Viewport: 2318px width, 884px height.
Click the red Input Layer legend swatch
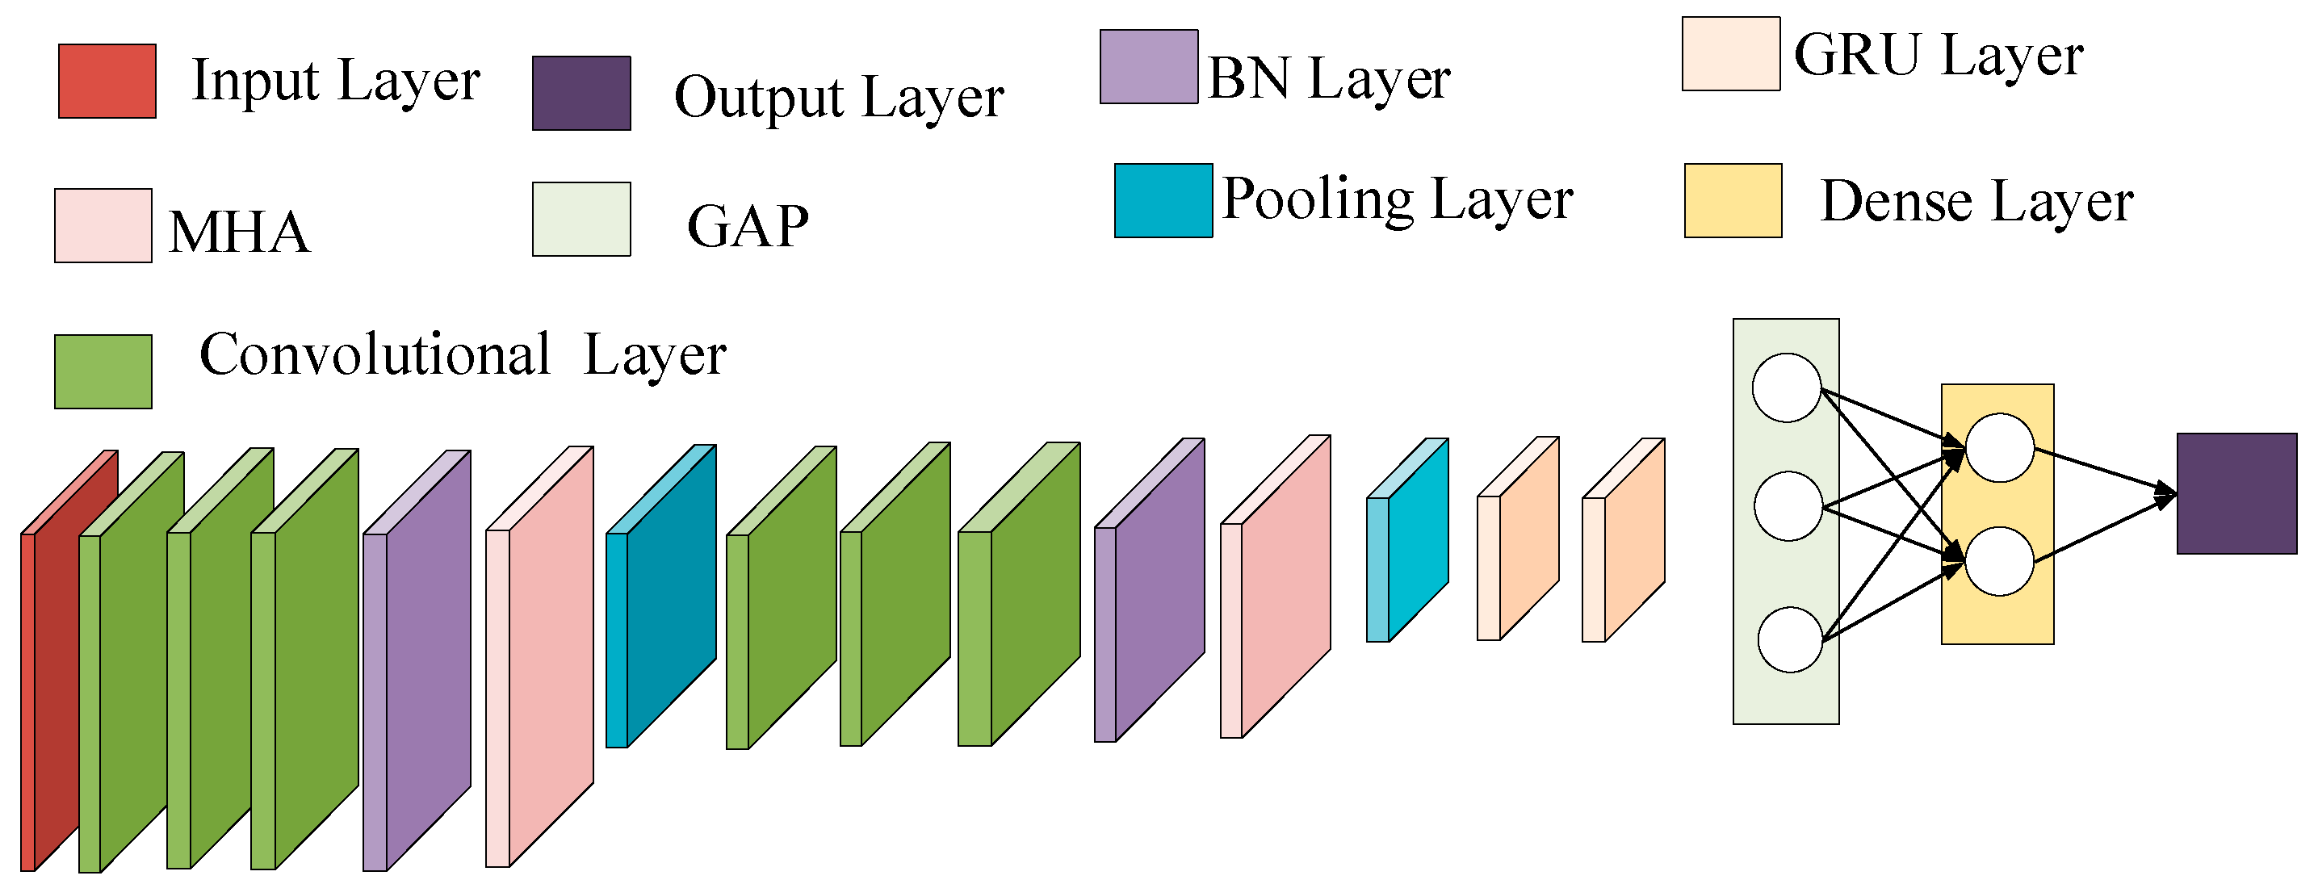pyautogui.click(x=107, y=81)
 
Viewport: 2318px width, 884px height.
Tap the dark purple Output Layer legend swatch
pyautogui.click(x=581, y=94)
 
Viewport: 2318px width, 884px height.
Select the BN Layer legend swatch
pyautogui.click(x=1149, y=67)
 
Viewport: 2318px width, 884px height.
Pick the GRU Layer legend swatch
pyautogui.click(x=1731, y=54)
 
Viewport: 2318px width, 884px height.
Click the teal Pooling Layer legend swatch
pyautogui.click(x=1163, y=201)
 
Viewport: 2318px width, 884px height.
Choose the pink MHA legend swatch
pyautogui.click(x=103, y=226)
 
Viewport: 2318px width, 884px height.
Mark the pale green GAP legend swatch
pyautogui.click(x=581, y=220)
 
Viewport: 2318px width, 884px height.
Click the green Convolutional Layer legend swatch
pyautogui.click(x=103, y=372)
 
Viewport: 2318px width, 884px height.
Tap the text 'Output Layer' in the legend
pyautogui.click(x=839, y=97)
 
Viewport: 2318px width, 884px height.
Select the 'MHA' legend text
pyautogui.click(x=239, y=233)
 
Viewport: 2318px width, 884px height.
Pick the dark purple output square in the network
pyautogui.click(x=2237, y=493)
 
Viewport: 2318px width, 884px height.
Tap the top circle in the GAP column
pyautogui.click(x=1787, y=388)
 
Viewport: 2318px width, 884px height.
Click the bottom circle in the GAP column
pyautogui.click(x=1791, y=640)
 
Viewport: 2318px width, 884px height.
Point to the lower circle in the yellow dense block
pyautogui.click(x=1999, y=562)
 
